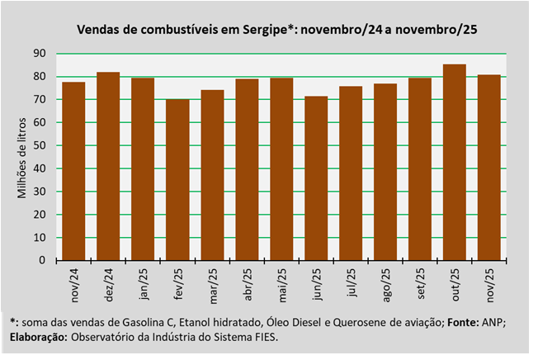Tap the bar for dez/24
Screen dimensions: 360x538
108,166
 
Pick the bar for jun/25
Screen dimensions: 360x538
316,178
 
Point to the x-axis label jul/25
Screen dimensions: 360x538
351,283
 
